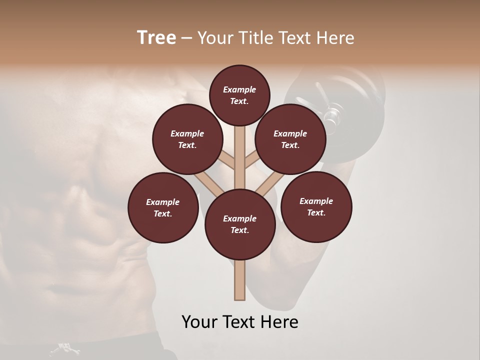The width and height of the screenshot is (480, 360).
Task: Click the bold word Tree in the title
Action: (156, 37)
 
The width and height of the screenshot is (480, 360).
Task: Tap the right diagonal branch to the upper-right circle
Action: (251, 161)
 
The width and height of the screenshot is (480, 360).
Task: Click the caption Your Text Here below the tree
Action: (240, 322)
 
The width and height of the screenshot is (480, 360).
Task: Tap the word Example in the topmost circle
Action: (239, 89)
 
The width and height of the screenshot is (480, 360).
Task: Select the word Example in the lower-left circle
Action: (163, 202)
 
